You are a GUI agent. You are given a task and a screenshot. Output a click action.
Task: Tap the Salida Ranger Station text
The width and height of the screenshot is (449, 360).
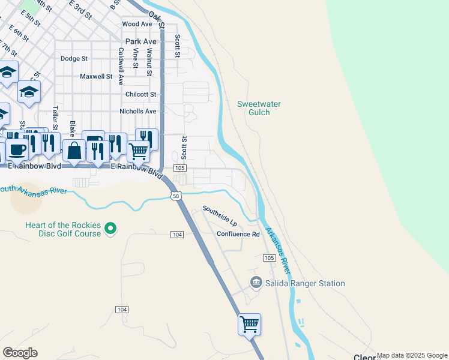pos(306,283)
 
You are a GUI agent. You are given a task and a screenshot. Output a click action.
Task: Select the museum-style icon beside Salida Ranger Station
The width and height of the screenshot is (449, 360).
pos(256,282)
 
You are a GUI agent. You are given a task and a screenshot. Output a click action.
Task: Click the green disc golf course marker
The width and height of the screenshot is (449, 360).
pos(110,229)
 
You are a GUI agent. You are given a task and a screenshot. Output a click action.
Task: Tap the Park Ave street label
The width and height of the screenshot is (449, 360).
pos(141,41)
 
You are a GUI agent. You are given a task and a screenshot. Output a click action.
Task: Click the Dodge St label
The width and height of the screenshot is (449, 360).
pos(74,59)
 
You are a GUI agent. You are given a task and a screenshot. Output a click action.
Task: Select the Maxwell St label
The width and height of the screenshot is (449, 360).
pos(96,76)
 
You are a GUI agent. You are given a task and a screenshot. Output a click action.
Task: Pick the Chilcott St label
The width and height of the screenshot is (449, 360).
pos(140,94)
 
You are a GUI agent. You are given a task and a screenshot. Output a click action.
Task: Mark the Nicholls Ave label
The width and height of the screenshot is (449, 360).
pos(138,111)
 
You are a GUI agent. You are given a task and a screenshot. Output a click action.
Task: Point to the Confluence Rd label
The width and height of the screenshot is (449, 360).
pos(238,234)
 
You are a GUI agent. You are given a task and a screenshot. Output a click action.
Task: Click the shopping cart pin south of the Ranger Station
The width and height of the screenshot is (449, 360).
pos(249,325)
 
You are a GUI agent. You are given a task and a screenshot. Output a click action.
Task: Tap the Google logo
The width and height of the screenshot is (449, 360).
pos(20,353)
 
